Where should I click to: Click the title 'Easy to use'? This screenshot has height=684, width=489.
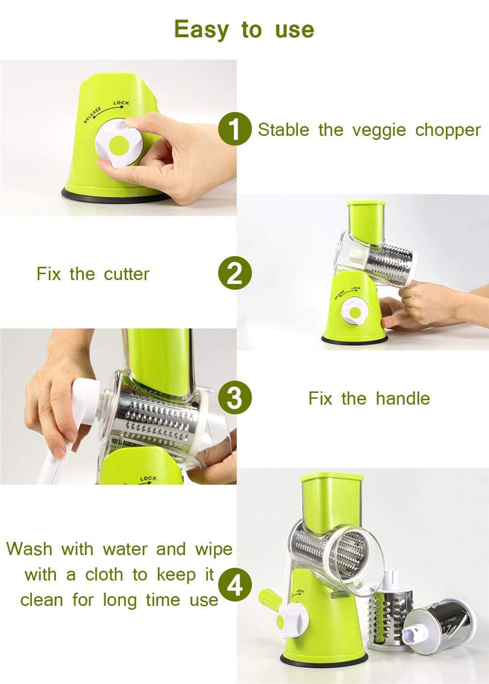[244, 29]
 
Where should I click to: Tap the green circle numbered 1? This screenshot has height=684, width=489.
[234, 129]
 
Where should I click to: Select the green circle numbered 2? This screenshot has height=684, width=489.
[234, 274]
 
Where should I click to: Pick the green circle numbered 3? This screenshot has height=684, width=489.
[234, 398]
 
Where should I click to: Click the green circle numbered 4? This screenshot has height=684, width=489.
[234, 584]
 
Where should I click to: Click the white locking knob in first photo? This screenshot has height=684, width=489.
[119, 144]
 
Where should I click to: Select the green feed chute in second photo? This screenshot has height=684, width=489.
[366, 221]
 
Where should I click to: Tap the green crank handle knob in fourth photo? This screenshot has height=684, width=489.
[269, 599]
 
